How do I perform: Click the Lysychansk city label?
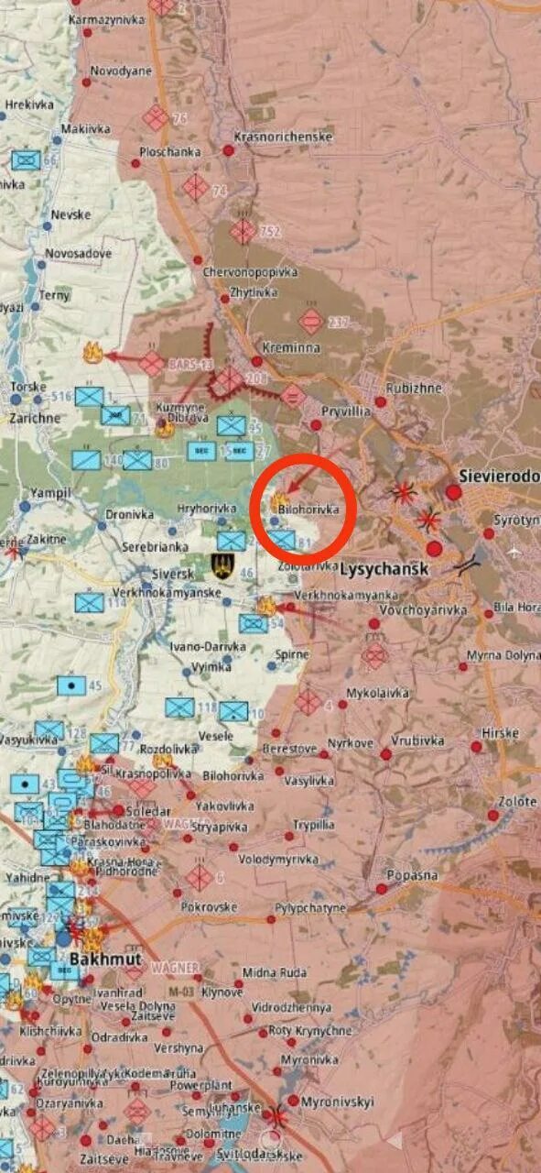384,569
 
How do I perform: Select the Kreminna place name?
290,349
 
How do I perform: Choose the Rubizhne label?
414,388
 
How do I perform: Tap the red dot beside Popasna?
381,889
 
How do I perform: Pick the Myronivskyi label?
338,1102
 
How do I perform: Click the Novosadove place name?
79,253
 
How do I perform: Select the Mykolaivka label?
377,693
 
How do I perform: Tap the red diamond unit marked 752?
243,231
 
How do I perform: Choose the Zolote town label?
517,801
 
